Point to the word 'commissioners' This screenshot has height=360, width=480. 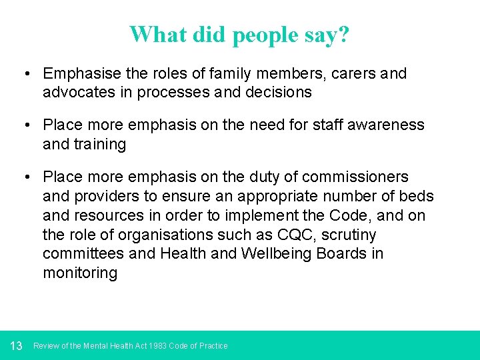(355, 177)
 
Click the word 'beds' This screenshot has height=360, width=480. (419, 196)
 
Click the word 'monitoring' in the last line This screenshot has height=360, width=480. (80, 273)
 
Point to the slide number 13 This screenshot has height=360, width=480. (17, 345)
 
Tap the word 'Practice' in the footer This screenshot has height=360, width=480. (213, 346)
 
